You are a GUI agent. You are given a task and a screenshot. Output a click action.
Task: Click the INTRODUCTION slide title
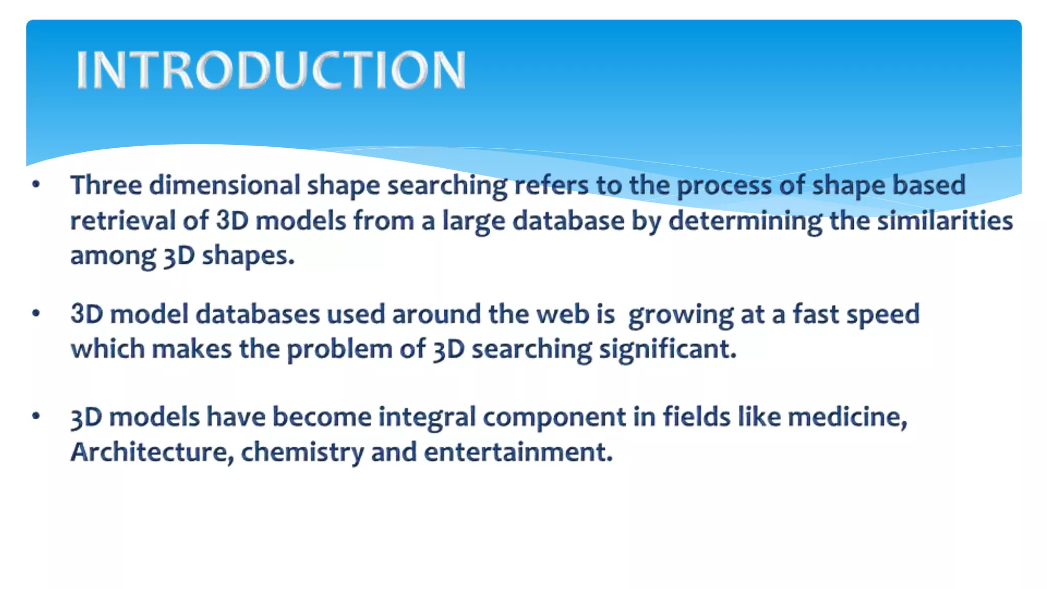click(x=271, y=70)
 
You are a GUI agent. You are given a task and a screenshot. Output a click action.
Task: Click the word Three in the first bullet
click(x=106, y=185)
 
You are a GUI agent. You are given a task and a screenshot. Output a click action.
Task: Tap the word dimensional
click(x=224, y=185)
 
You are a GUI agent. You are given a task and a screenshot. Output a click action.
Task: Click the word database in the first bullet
click(x=568, y=220)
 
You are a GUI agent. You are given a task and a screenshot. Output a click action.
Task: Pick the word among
click(x=112, y=256)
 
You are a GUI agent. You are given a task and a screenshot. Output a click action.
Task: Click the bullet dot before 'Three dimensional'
click(x=36, y=185)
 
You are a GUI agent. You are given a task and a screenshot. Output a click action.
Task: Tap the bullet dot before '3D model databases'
click(x=36, y=313)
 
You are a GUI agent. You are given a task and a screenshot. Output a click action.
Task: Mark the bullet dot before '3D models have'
click(x=36, y=416)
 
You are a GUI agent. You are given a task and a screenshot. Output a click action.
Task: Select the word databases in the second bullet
click(x=258, y=313)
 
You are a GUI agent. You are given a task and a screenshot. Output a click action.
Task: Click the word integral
click(x=427, y=417)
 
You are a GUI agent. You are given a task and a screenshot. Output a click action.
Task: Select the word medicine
click(x=847, y=416)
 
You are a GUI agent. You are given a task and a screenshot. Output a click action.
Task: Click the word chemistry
click(x=302, y=452)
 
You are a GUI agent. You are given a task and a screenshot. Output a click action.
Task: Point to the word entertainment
click(x=518, y=452)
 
